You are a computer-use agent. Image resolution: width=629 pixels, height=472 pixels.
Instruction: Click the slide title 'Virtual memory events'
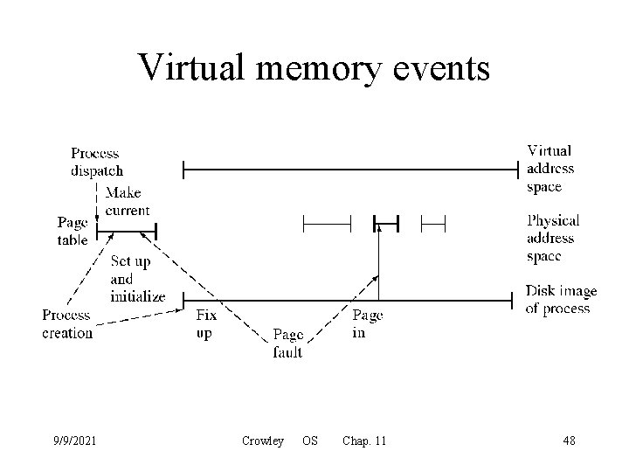[x=314, y=66]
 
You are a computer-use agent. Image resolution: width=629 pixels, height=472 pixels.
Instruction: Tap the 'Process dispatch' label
[x=97, y=162]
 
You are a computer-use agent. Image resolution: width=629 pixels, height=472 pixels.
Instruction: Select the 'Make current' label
[x=128, y=201]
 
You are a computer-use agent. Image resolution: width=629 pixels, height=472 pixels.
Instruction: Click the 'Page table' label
[x=73, y=232]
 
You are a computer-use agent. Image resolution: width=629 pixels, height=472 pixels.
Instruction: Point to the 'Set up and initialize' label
[x=137, y=279]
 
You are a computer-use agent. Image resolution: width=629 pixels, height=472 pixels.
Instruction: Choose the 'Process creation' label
[x=67, y=323]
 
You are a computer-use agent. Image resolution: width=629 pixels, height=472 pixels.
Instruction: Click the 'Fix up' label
[x=206, y=324]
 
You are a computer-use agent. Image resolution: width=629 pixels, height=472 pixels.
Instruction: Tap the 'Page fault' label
[x=287, y=343]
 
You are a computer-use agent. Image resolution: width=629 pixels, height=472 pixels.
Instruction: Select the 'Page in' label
[x=367, y=323]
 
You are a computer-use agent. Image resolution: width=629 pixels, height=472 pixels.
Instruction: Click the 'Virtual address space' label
[x=550, y=169]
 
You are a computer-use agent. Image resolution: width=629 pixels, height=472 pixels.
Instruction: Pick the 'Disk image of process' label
[x=561, y=299]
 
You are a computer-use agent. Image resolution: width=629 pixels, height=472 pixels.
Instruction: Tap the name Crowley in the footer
[x=262, y=441]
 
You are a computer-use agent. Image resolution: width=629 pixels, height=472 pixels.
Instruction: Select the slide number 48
[x=569, y=441]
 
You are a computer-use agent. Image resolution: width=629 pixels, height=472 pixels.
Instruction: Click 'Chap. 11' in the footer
[x=364, y=441]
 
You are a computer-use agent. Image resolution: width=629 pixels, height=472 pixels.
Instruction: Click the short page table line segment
[x=126, y=232]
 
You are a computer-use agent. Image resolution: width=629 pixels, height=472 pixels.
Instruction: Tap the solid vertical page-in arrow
[x=379, y=262]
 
